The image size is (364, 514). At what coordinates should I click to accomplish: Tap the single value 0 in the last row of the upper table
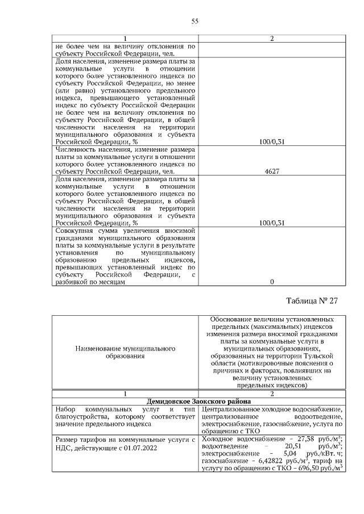(x=272, y=282)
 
